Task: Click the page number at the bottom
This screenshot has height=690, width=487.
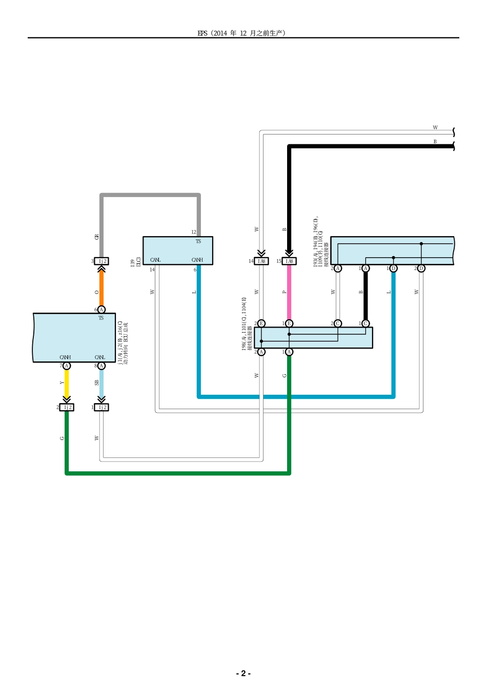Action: click(243, 673)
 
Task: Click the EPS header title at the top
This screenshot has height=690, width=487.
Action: click(241, 33)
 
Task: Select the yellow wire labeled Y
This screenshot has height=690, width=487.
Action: click(67, 383)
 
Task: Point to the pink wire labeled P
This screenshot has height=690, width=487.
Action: click(289, 293)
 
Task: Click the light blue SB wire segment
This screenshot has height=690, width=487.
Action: click(102, 383)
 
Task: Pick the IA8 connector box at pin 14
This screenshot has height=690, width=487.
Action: click(261, 261)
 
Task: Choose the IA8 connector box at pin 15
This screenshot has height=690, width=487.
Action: click(289, 261)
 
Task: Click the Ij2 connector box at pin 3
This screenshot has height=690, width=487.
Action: click(102, 261)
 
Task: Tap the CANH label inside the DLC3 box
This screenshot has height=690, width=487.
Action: click(197, 260)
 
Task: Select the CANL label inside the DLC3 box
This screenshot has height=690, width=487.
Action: click(155, 260)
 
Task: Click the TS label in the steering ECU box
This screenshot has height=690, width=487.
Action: click(101, 318)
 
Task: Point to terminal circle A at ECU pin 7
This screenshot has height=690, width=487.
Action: click(67, 366)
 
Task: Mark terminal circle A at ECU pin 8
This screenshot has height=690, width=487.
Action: click(102, 366)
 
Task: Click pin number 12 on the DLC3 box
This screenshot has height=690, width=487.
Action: click(194, 233)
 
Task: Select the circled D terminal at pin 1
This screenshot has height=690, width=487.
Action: click(393, 269)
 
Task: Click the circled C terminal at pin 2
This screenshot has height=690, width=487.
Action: click(338, 323)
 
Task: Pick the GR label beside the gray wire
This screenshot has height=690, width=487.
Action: click(96, 237)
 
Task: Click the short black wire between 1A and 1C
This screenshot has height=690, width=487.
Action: click(366, 296)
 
